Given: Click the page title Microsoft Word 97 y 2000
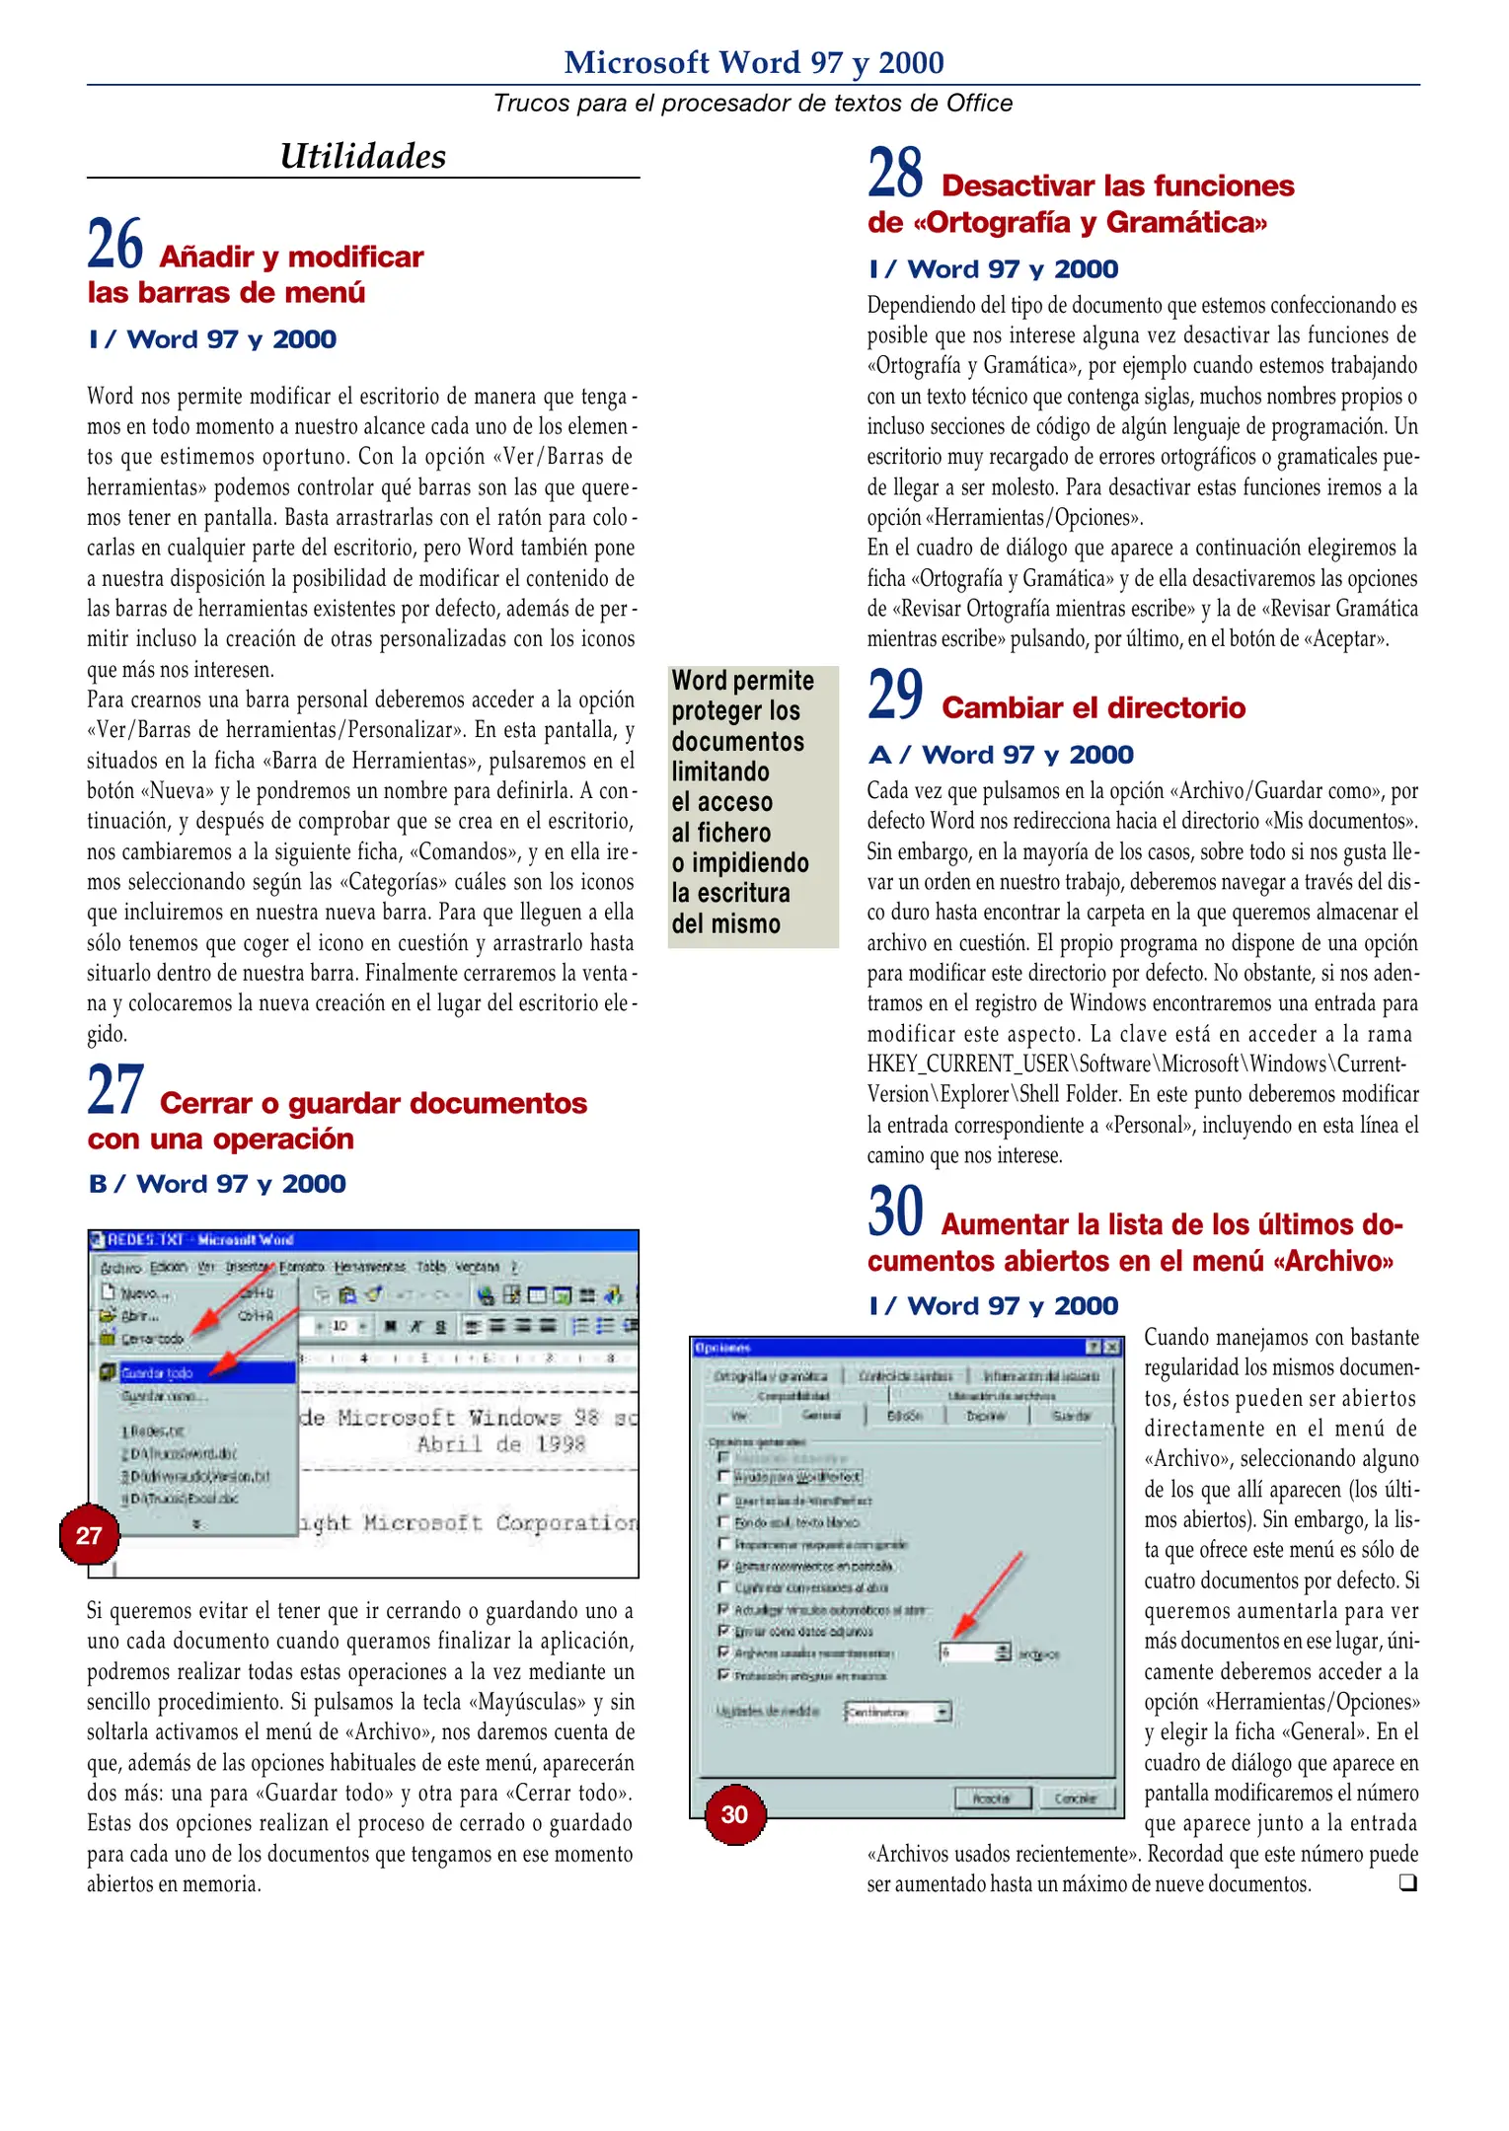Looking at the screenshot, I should coord(753,62).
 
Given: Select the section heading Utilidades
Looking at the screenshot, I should coord(362,156).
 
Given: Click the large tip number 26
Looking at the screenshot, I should coord(114,245).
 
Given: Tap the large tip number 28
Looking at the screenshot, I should coord(895,173).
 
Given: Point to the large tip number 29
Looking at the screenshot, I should coord(895,695).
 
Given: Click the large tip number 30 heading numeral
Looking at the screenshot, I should coord(895,1212).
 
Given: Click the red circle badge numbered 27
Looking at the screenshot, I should coord(89,1535).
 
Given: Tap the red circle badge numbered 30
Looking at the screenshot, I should coord(734,1814).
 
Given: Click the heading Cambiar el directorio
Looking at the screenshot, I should coord(1093,707).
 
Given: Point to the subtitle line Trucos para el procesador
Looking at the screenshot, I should coord(753,103).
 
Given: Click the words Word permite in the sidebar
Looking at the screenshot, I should coord(742,681).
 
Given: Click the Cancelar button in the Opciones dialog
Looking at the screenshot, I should coord(1075,1798).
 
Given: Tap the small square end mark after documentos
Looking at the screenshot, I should coord(1407,1882).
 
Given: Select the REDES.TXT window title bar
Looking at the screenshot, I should coord(363,1239).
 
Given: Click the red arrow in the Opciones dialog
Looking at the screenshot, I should coord(989,1593).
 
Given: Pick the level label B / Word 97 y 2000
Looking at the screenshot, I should coord(217,1184).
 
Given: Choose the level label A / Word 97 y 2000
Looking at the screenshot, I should coord(1001,755).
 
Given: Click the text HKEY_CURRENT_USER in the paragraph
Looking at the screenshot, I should coord(967,1064).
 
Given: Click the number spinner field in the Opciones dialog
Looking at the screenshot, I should coord(972,1653).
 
